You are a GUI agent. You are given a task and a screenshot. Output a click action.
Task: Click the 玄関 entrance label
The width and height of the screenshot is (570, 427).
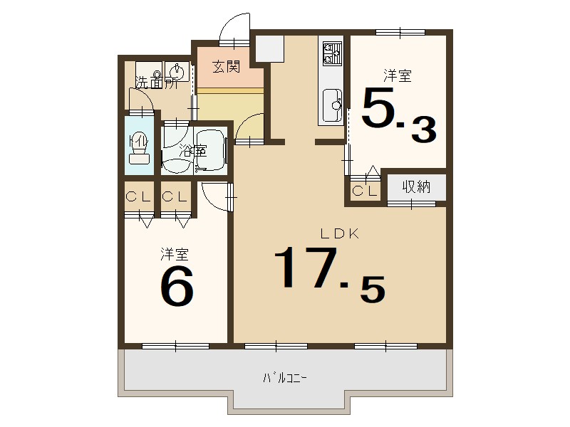pos(226,67)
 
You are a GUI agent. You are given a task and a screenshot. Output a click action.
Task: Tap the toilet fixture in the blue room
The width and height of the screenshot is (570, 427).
pos(140,149)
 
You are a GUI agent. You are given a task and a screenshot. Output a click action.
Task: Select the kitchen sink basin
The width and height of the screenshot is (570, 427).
pos(332,105)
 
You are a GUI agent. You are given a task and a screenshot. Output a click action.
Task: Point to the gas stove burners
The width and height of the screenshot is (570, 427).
pos(332,53)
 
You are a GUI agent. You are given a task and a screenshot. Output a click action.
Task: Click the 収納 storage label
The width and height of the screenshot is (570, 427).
pos(416,186)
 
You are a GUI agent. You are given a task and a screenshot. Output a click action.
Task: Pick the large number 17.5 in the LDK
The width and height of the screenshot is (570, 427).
pos(329,274)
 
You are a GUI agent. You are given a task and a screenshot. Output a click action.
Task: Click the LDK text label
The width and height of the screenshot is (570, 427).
pos(340,234)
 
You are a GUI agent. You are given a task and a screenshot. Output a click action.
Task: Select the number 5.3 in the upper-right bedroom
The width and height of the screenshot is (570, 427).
pos(399,115)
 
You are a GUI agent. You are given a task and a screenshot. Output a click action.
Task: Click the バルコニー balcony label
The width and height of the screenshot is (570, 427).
pos(285,379)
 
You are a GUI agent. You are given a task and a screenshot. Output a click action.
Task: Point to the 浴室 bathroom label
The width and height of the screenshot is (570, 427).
pos(193,151)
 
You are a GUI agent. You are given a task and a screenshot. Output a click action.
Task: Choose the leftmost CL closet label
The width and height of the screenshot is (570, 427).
pos(138,197)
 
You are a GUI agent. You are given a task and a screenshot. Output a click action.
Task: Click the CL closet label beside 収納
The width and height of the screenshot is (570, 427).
pos(365,191)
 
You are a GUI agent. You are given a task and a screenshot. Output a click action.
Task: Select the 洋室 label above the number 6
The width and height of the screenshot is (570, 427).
pos(175,254)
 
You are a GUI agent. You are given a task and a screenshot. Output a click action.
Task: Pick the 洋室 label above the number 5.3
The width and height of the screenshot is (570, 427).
pos(398,76)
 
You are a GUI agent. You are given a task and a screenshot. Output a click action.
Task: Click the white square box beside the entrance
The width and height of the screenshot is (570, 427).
pos(270,48)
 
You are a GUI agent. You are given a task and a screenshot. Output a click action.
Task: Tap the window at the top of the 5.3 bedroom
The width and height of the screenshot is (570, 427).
pos(400,33)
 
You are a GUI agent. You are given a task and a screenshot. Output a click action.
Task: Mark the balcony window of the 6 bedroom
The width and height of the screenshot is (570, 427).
pos(176,346)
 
